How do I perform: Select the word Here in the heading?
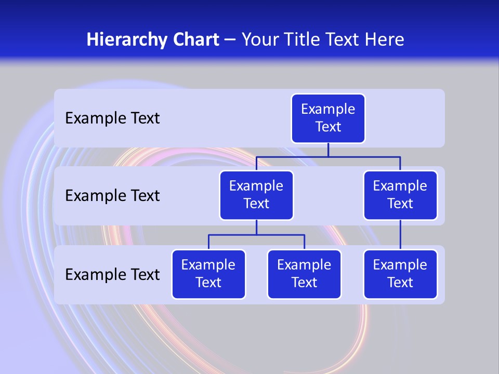[384, 39]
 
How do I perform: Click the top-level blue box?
[328, 118]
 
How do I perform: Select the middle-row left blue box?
[256, 195]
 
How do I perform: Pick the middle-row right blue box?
[400, 195]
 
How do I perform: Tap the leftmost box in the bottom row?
[208, 274]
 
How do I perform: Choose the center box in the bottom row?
[304, 274]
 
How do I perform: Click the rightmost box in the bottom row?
[400, 274]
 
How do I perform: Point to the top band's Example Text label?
[112, 118]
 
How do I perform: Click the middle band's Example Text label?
[112, 196]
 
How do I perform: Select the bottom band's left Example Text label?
[112, 275]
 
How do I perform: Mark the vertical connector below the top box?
[328, 150]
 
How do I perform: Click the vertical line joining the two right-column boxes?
[400, 235]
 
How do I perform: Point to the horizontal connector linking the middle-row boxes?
[328, 156]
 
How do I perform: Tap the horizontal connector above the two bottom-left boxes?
[256, 235]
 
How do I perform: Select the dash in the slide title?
[230, 40]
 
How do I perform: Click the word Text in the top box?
[328, 127]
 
